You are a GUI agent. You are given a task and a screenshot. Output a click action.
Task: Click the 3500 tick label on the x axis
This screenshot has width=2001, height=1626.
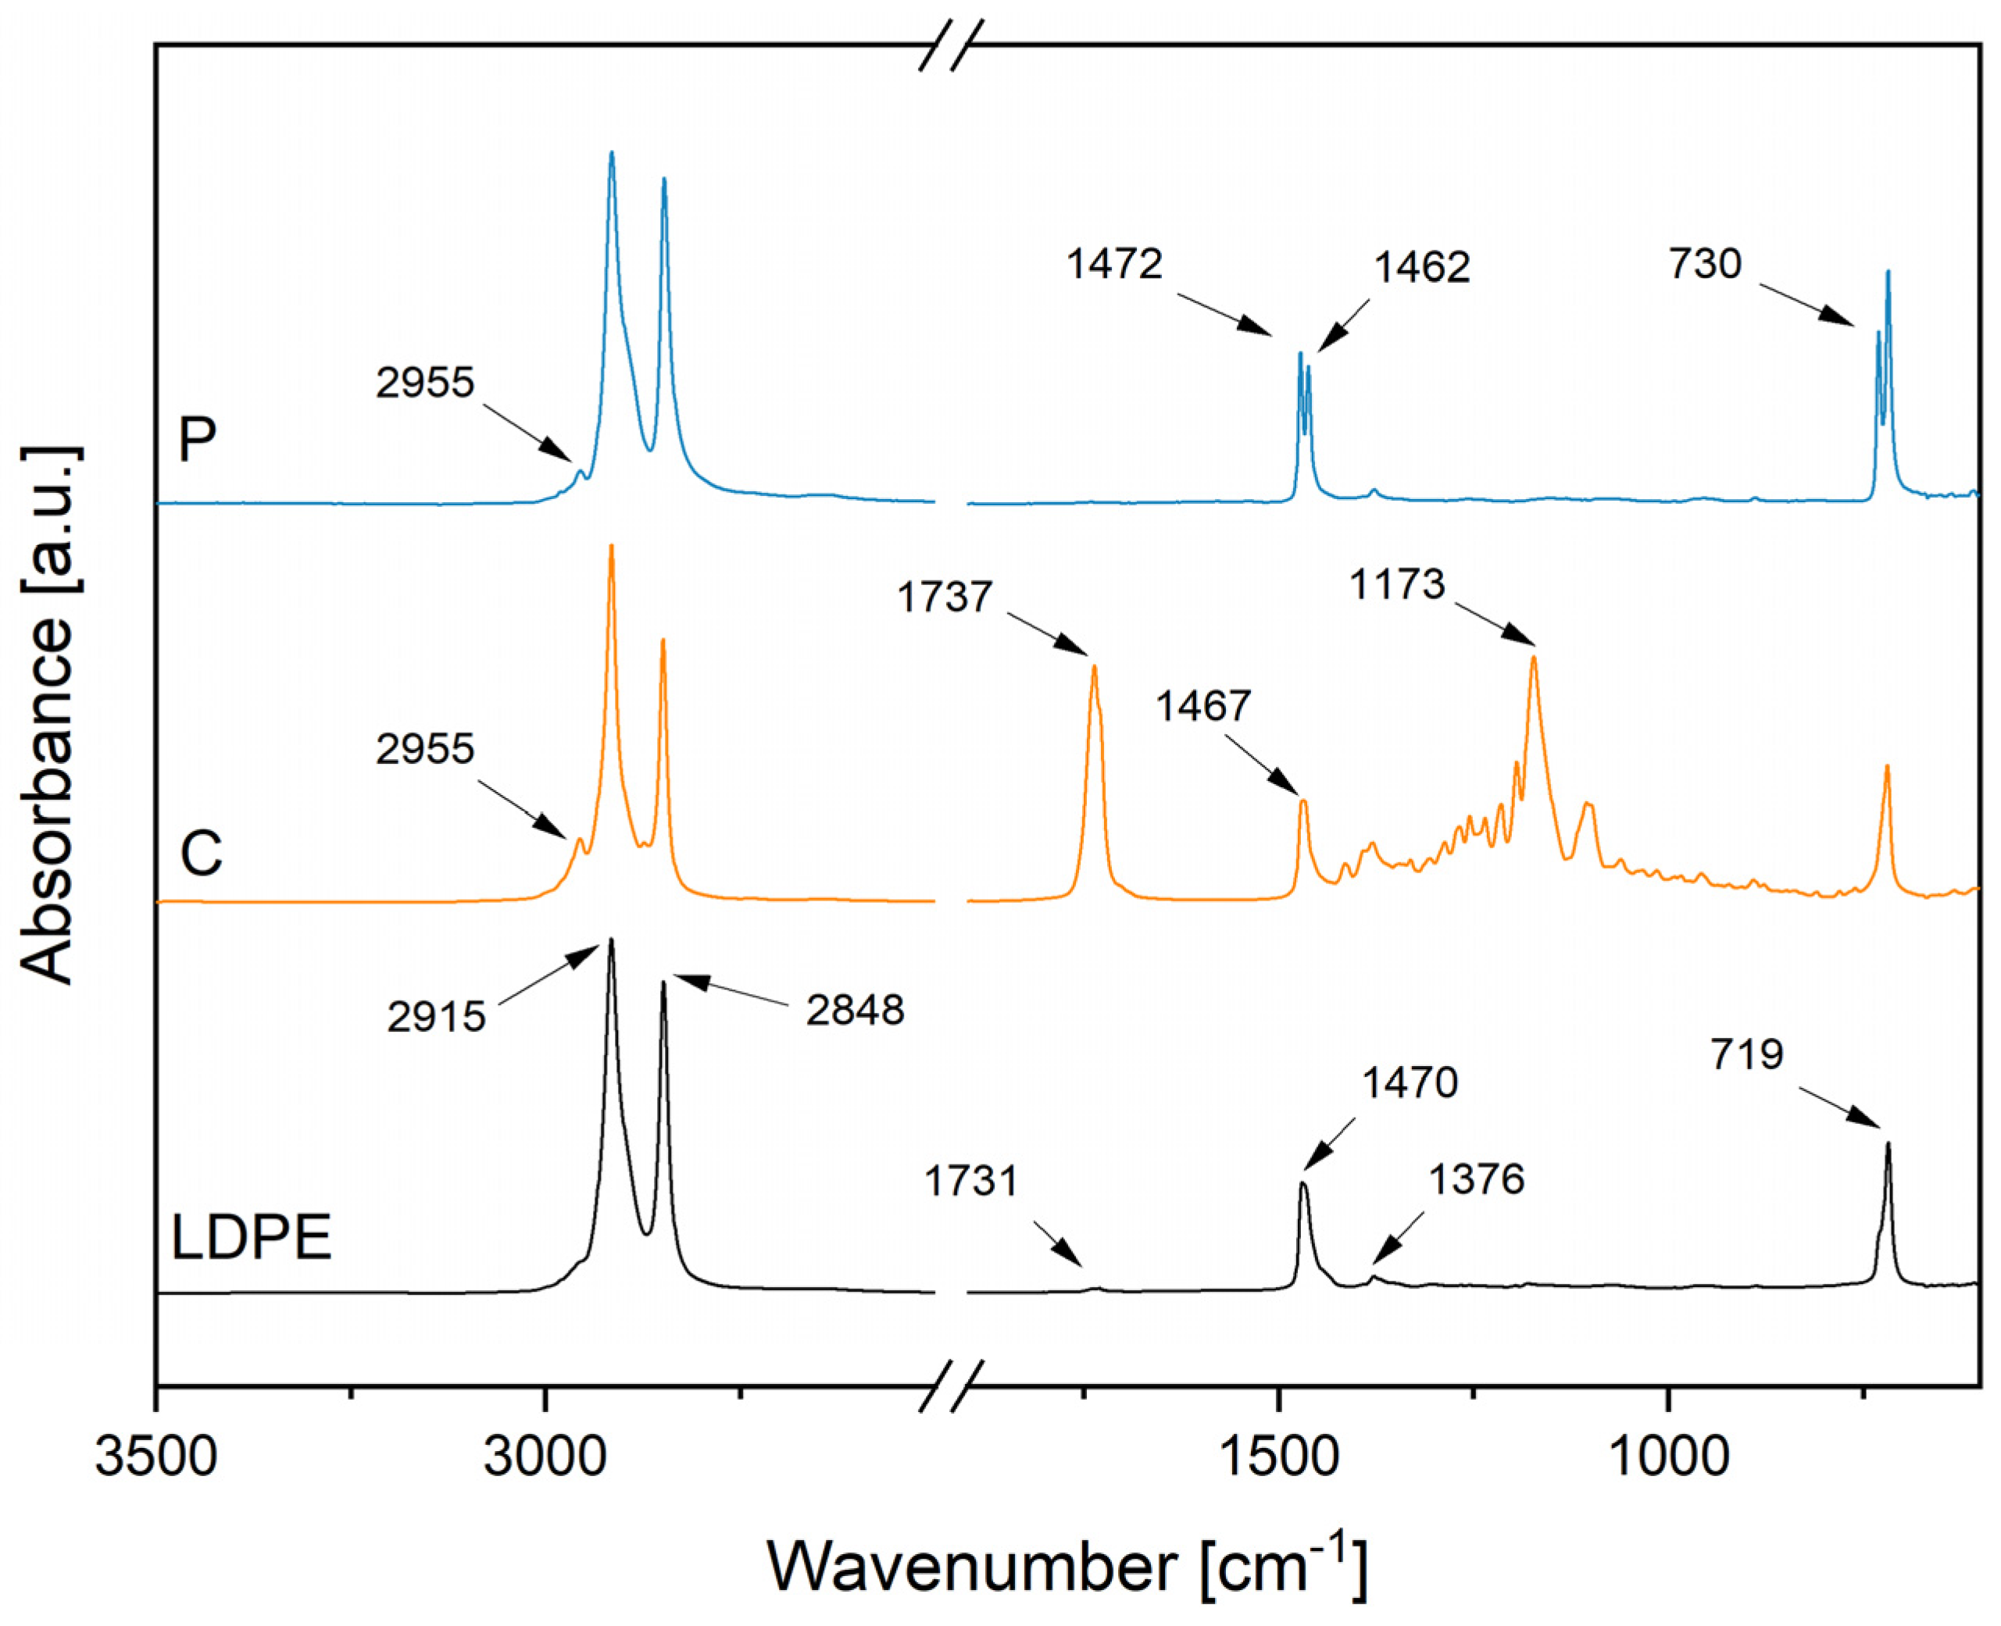click(x=156, y=1458)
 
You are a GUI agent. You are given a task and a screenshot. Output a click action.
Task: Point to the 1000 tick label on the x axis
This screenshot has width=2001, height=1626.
click(x=1667, y=1458)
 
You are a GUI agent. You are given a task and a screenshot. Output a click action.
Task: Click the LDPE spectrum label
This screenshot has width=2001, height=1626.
click(x=251, y=1237)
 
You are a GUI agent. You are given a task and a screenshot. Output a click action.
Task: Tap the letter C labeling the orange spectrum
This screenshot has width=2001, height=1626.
click(x=201, y=854)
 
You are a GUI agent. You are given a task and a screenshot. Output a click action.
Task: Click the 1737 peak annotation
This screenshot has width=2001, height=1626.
click(x=945, y=597)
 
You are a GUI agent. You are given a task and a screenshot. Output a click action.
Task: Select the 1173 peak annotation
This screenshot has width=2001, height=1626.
click(x=1398, y=584)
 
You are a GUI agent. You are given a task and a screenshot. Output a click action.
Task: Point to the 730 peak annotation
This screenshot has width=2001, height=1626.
click(x=1705, y=263)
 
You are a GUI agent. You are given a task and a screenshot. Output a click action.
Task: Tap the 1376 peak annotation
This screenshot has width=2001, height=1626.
click(x=1477, y=1179)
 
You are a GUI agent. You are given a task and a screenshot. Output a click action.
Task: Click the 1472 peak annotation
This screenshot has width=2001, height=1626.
click(x=1115, y=264)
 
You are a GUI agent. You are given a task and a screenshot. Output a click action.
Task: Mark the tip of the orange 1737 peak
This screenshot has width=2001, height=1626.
click(x=1093, y=666)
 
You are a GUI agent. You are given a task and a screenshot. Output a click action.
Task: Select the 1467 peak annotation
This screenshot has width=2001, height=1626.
click(x=1202, y=705)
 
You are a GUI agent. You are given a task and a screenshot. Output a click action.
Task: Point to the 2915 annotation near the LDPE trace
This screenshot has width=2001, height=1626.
click(x=437, y=1016)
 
